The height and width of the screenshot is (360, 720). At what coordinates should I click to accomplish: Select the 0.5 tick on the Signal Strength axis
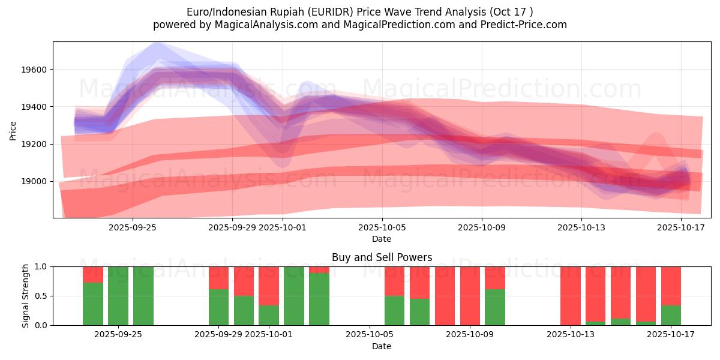tap(41, 296)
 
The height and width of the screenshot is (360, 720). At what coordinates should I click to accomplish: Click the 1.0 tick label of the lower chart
tap(41, 266)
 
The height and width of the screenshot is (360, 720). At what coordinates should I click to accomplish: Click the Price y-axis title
tap(13, 130)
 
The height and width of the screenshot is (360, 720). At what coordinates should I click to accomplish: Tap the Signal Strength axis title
tap(26, 296)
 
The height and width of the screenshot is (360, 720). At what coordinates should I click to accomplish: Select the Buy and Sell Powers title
tap(382, 257)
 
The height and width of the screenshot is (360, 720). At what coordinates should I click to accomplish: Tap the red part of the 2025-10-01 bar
tap(269, 286)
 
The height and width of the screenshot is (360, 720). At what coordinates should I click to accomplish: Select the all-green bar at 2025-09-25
tap(143, 296)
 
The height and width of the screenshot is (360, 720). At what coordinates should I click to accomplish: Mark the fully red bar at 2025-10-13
tap(571, 296)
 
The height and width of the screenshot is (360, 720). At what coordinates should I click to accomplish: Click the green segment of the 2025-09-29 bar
tap(218, 307)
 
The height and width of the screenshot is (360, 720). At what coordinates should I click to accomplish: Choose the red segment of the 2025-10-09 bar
tap(470, 296)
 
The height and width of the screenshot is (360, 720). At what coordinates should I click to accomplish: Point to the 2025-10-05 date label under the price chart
tap(382, 228)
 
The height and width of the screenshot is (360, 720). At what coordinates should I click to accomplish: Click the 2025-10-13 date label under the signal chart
tap(580, 335)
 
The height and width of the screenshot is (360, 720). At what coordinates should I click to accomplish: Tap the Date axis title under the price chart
tap(382, 239)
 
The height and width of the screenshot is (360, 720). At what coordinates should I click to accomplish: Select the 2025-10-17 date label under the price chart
tap(681, 228)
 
